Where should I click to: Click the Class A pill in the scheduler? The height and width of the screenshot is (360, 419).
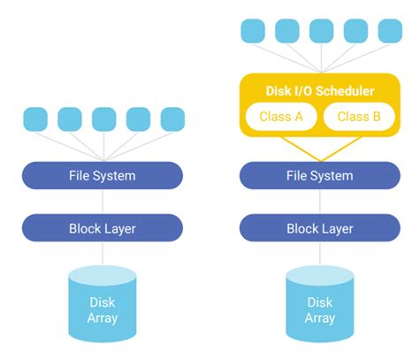point(280,117)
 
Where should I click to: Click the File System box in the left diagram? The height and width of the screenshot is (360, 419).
point(103,175)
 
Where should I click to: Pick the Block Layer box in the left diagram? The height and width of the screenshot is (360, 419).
point(103,228)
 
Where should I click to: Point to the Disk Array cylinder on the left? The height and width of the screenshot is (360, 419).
point(103,305)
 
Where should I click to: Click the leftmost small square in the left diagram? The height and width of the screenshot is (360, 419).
point(34,119)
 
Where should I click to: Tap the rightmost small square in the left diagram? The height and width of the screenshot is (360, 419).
point(172,119)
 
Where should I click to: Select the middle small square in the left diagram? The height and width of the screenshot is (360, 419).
point(103,119)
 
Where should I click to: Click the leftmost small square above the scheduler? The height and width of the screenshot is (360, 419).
point(252,31)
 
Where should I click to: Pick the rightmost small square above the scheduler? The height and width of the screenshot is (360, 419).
point(390,31)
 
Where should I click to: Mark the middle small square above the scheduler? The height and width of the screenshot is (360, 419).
point(321,31)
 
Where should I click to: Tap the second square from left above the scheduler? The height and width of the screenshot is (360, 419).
point(286,31)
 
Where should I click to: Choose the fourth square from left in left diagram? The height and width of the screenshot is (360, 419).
point(138,119)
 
